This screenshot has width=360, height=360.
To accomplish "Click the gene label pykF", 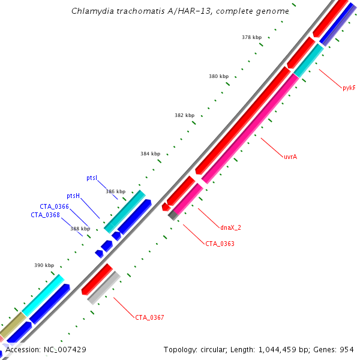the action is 349,88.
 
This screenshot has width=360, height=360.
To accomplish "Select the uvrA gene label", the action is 290,157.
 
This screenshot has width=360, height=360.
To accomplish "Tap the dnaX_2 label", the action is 230,227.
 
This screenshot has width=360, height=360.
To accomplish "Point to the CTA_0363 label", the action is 220,244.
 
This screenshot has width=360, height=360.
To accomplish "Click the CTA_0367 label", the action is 149,317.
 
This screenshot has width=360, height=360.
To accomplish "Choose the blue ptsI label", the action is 92,178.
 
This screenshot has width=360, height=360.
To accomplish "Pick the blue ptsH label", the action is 73,196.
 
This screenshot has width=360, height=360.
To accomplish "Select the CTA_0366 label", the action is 55,206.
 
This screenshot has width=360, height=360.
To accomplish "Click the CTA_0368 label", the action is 46,215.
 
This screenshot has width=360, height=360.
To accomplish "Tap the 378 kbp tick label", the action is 252,37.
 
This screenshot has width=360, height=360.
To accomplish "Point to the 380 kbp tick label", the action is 218,76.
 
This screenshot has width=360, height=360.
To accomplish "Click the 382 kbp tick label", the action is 184,115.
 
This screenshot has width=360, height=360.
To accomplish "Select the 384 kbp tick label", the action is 151,154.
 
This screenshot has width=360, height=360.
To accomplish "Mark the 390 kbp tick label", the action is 44,265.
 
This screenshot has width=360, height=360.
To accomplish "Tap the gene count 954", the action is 347,349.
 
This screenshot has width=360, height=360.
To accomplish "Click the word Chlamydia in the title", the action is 89,11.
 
